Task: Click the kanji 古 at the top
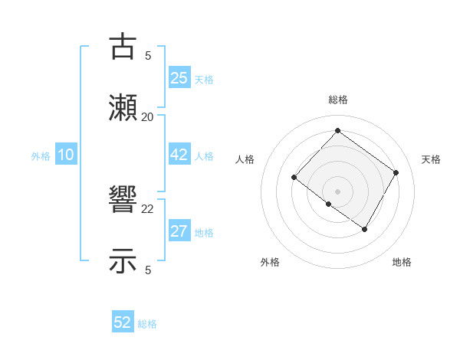(123, 47)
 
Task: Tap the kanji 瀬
(123, 108)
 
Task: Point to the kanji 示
(123, 261)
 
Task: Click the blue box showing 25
(179, 77)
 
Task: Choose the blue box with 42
(179, 155)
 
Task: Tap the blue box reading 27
(179, 231)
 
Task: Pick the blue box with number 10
(65, 155)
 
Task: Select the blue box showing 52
(123, 322)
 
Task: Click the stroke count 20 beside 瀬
(147, 116)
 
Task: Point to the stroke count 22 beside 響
(147, 209)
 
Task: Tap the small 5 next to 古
(148, 55)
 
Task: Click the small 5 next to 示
(148, 270)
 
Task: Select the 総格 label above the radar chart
(337, 100)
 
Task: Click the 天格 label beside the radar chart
(431, 159)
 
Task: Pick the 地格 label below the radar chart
(402, 262)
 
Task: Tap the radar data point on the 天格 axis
(396, 172)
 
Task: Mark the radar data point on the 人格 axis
(294, 178)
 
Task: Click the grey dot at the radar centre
(337, 191)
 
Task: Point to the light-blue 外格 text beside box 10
(41, 156)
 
